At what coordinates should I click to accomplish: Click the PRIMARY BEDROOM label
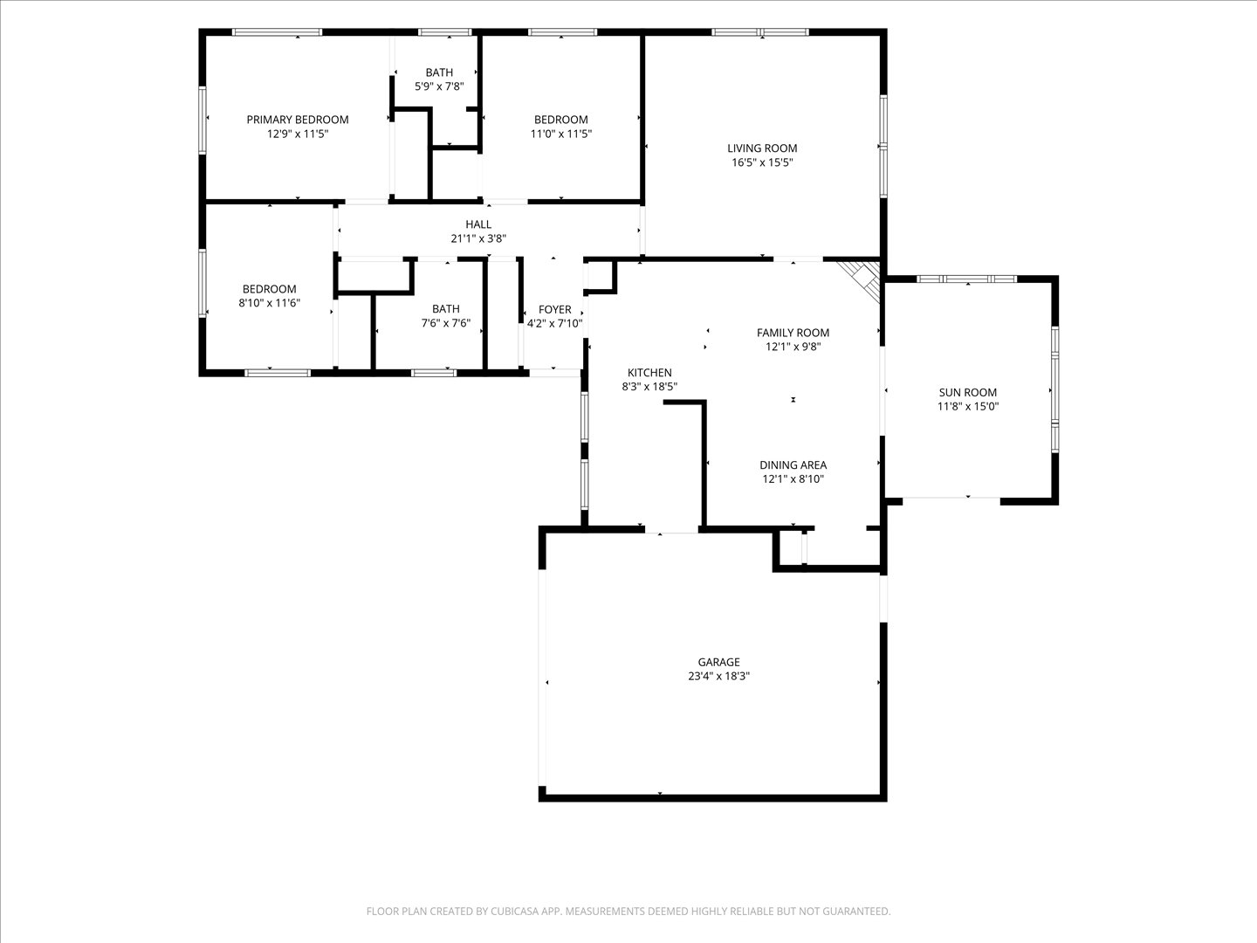297,120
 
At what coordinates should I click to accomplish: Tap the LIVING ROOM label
762,148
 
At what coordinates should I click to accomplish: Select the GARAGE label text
718,662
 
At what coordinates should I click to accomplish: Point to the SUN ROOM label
968,392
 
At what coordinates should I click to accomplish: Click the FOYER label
555,310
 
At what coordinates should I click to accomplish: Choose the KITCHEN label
649,372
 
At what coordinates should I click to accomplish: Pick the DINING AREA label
793,465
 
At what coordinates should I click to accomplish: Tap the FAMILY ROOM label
793,333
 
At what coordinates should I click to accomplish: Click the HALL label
478,224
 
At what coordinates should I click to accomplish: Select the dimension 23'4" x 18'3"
718,676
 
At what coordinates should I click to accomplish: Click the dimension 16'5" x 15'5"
762,162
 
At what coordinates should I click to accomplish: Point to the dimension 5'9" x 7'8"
439,86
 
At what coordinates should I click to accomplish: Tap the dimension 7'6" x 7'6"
446,323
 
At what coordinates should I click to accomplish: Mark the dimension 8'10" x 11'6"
269,303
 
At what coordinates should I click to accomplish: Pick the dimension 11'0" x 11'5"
561,134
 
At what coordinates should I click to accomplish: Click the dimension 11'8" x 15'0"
968,407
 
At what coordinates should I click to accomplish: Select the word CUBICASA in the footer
515,912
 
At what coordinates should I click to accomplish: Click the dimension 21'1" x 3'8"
478,238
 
